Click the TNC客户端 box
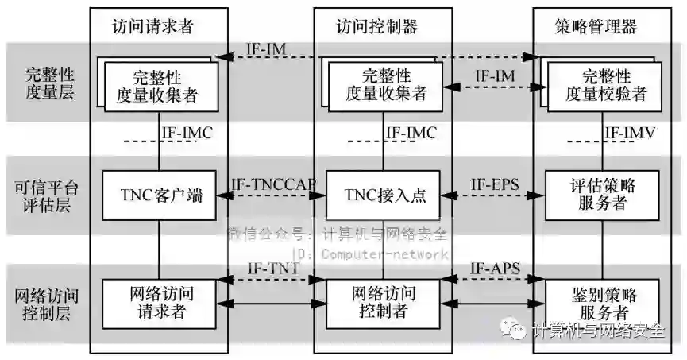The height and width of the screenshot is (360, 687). [x=160, y=195]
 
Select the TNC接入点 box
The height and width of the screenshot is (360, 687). [x=384, y=195]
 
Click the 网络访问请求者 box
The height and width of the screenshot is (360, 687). [x=160, y=302]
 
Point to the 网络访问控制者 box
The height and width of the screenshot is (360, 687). [x=384, y=302]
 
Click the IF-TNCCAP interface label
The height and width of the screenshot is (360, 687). [x=272, y=184]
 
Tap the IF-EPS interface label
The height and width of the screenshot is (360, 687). [x=494, y=184]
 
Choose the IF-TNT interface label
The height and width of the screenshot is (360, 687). [x=272, y=269]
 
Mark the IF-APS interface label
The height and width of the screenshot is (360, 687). [x=494, y=269]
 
